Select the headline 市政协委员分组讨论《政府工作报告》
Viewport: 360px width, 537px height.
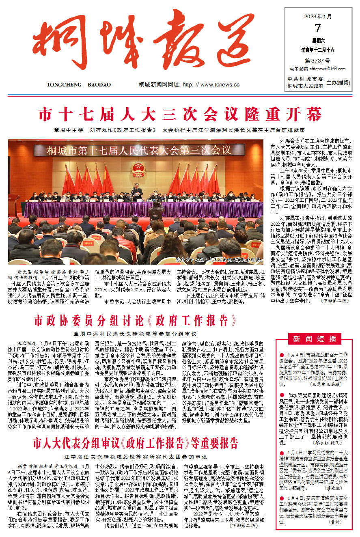coord(136,321)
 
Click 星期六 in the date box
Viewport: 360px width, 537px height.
coord(318,41)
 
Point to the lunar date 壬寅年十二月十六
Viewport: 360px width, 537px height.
coord(318,50)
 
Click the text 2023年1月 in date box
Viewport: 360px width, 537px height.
coord(318,17)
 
